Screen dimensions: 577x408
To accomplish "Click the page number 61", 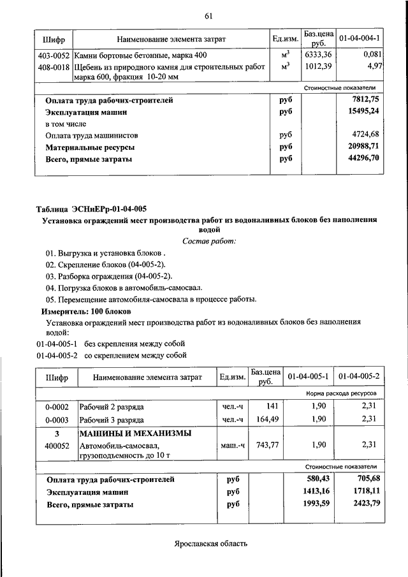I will coord(208,16).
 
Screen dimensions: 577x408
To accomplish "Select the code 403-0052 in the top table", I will coord(54,55).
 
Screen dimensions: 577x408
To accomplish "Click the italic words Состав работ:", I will coord(209,240).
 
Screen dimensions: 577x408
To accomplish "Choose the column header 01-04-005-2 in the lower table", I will coord(360,377).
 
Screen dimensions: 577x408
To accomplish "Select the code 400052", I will coord(57,446).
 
